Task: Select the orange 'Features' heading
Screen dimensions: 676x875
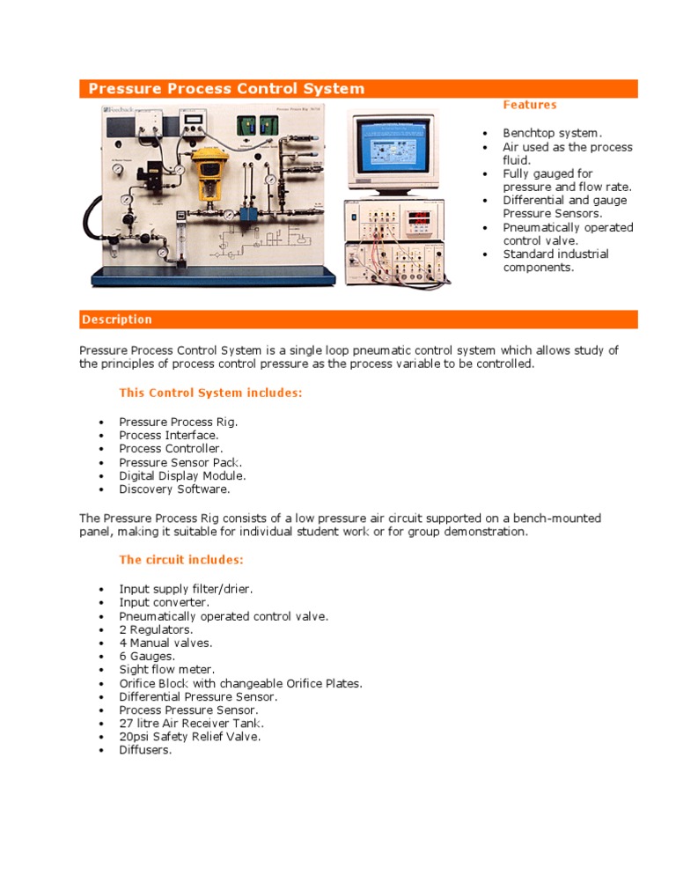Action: tap(529, 105)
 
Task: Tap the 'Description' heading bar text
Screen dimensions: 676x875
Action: tap(117, 320)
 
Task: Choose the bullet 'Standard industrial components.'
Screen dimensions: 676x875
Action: tap(555, 261)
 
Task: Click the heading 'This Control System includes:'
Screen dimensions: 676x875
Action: tap(210, 393)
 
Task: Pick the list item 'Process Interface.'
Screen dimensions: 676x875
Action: tap(168, 435)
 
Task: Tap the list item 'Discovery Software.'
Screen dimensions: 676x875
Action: tap(174, 489)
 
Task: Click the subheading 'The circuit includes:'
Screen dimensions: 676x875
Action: tap(181, 559)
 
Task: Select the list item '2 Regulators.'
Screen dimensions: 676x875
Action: tap(156, 629)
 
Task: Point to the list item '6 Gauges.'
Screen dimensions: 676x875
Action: tap(147, 656)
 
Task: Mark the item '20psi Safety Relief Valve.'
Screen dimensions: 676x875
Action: tap(189, 736)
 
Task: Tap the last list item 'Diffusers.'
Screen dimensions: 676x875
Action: tap(146, 750)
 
